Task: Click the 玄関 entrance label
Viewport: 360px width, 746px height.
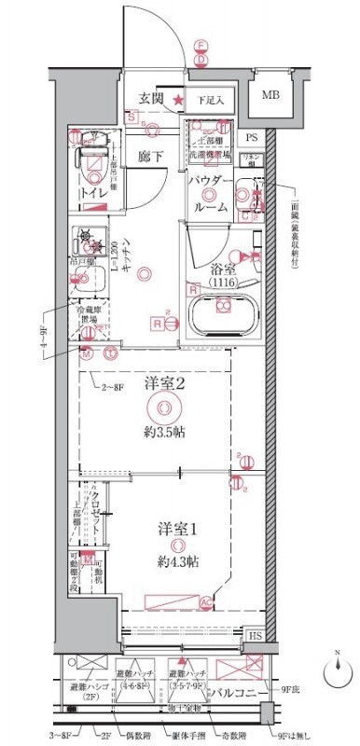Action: point(152,96)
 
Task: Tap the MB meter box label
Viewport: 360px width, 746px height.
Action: point(270,95)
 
